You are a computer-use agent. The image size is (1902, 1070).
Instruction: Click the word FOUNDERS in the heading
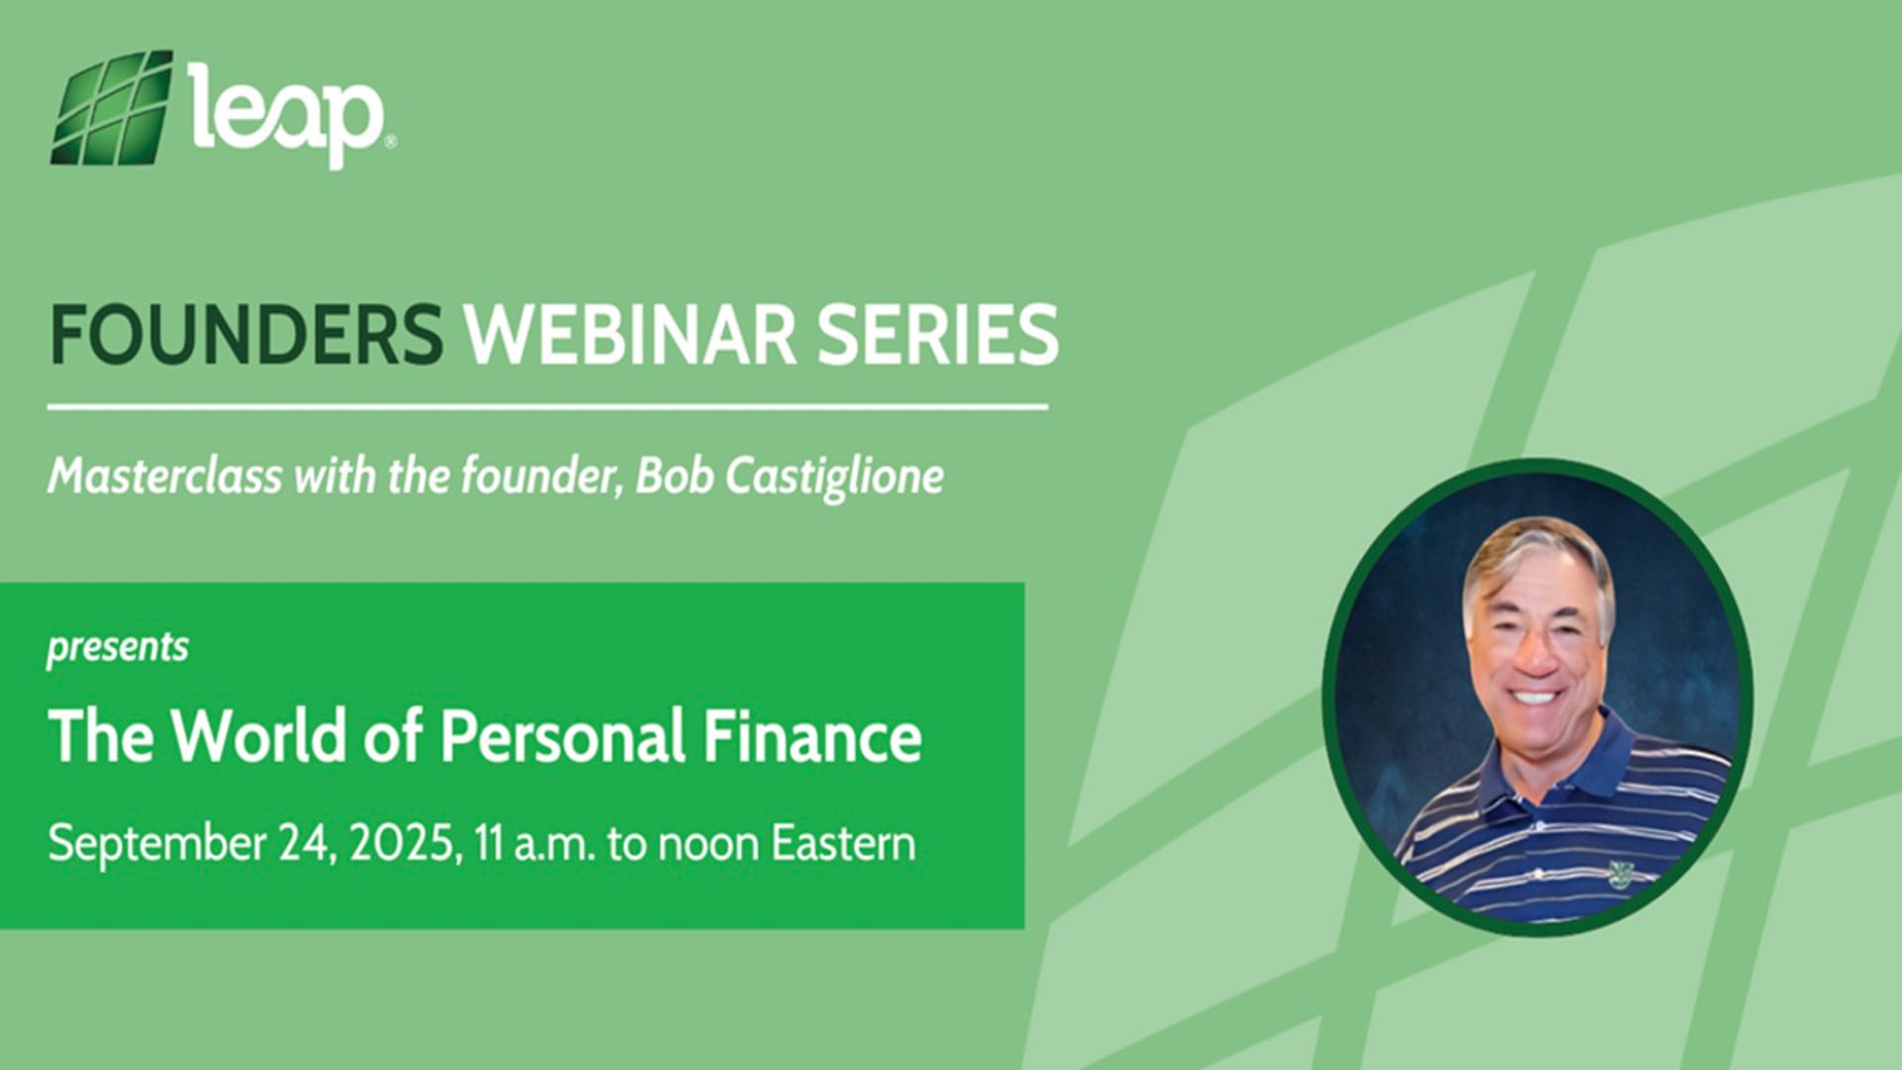[x=246, y=334]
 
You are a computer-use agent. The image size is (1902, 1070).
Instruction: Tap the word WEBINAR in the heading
[x=630, y=334]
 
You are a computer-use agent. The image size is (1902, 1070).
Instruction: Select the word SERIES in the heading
[x=937, y=334]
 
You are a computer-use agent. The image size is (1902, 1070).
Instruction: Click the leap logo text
[x=286, y=114]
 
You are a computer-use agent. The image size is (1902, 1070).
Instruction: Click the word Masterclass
[x=164, y=477]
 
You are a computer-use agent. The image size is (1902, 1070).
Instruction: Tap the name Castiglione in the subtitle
[x=834, y=478]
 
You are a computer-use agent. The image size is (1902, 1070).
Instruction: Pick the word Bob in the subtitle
[x=674, y=477]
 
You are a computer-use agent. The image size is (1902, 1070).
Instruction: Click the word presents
[x=117, y=648]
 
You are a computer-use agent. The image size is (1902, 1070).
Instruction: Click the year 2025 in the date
[x=401, y=844]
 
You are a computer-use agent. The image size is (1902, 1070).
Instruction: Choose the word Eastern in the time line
[x=843, y=844]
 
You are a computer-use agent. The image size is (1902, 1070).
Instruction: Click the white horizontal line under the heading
[x=547, y=406]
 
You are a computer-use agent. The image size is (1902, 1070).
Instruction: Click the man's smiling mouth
[x=1534, y=696]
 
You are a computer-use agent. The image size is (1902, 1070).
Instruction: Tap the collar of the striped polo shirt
[x=1585, y=758]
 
